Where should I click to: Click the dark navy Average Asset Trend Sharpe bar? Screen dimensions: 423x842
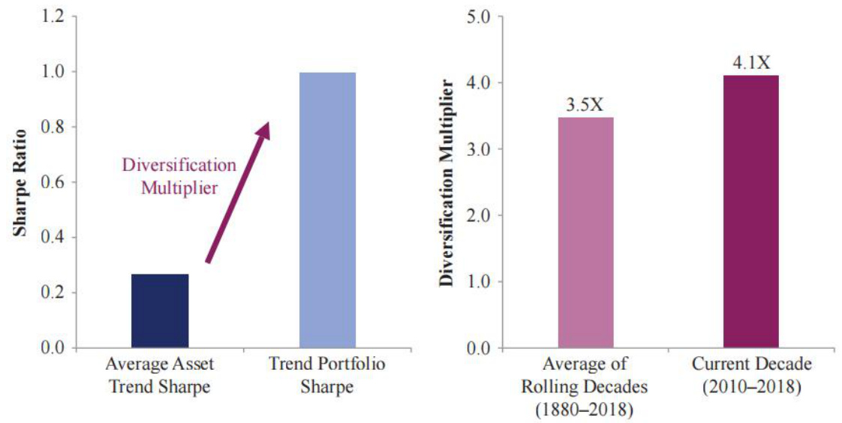pos(160,310)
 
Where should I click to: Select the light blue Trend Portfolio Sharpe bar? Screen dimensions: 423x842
pos(327,210)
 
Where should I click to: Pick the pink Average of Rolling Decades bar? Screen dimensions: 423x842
pos(585,232)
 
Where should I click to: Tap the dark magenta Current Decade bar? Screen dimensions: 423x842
pos(750,211)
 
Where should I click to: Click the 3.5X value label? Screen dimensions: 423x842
pos(585,103)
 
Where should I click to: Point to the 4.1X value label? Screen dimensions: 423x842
pos(751,61)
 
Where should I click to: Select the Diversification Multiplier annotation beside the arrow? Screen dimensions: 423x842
pos(179,175)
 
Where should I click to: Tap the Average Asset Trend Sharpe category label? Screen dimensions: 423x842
pos(159,376)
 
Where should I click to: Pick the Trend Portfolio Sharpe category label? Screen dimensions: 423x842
pos(327,376)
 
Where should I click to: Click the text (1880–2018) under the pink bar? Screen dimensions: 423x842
pos(585,409)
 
